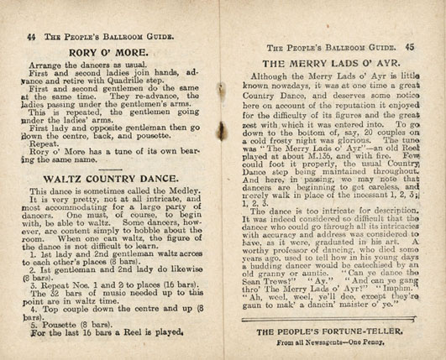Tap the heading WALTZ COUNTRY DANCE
pos(116,178)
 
